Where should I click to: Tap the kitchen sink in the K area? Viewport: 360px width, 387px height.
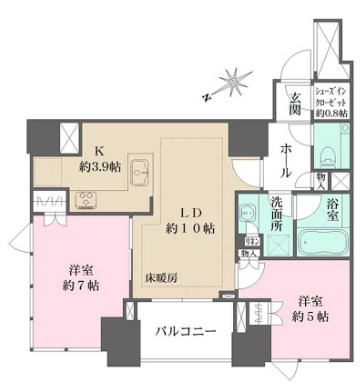(140, 167)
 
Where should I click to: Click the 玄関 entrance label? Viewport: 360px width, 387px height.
(295, 104)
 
